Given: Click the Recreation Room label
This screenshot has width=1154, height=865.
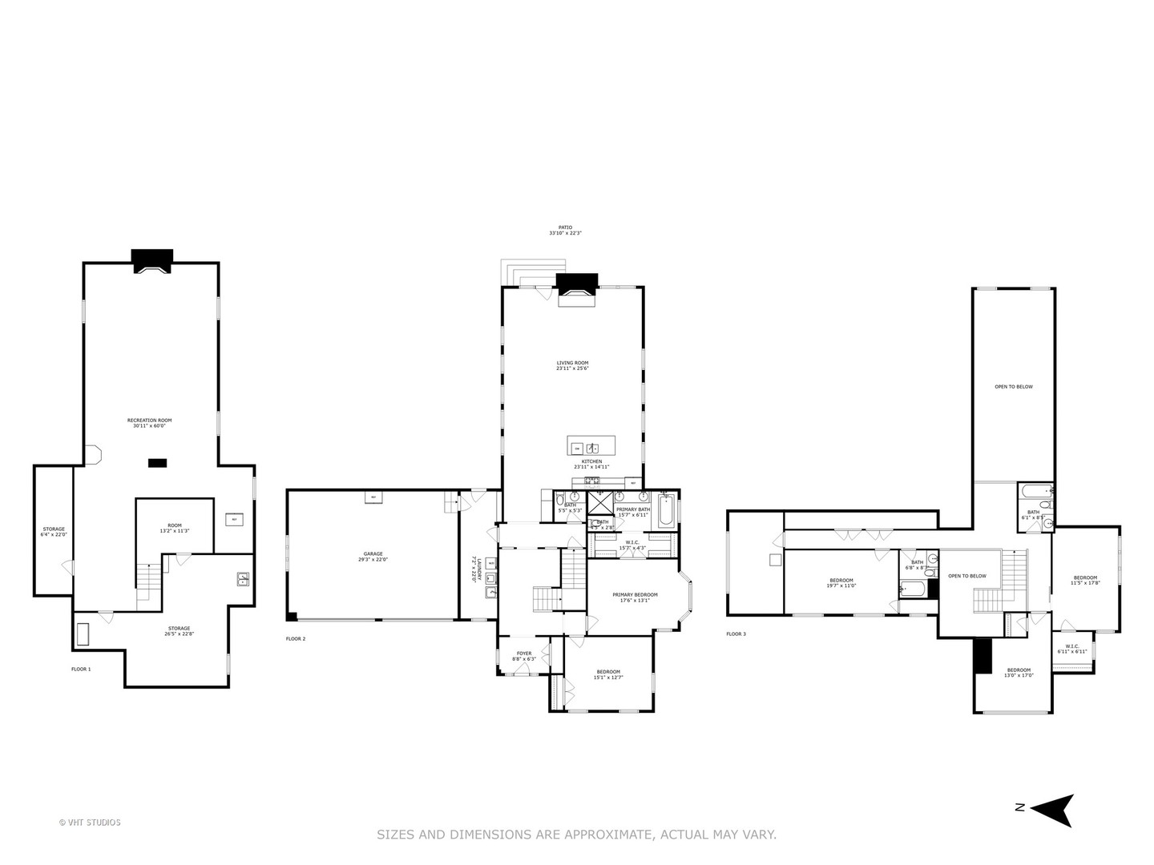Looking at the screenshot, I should [149, 423].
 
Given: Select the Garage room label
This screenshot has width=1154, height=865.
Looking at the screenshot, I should [373, 556].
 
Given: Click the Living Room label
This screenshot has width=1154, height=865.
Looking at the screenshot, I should [572, 365].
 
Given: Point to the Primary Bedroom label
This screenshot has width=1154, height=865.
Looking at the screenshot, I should [635, 597].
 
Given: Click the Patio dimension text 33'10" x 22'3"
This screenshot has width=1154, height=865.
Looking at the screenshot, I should [565, 233].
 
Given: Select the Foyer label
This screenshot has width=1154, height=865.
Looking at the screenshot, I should [523, 656].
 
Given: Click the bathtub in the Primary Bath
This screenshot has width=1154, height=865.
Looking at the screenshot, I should [667, 511].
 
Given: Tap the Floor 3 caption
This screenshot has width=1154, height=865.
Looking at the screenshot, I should [736, 634].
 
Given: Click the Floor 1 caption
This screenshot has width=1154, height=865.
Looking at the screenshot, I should [81, 669].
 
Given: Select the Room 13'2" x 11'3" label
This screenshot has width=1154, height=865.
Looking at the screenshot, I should [174, 528].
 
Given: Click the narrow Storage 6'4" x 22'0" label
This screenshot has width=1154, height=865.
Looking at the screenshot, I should [54, 531].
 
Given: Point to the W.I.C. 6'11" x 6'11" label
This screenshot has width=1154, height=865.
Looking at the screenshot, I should [1072, 649].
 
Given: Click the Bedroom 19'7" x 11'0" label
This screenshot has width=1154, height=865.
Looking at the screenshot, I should [841, 582].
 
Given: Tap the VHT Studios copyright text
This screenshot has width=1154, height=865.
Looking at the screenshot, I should [90, 823].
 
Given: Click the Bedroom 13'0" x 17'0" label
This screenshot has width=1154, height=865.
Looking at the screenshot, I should [1019, 672].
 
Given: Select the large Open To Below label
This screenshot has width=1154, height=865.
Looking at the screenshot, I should [1014, 387].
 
